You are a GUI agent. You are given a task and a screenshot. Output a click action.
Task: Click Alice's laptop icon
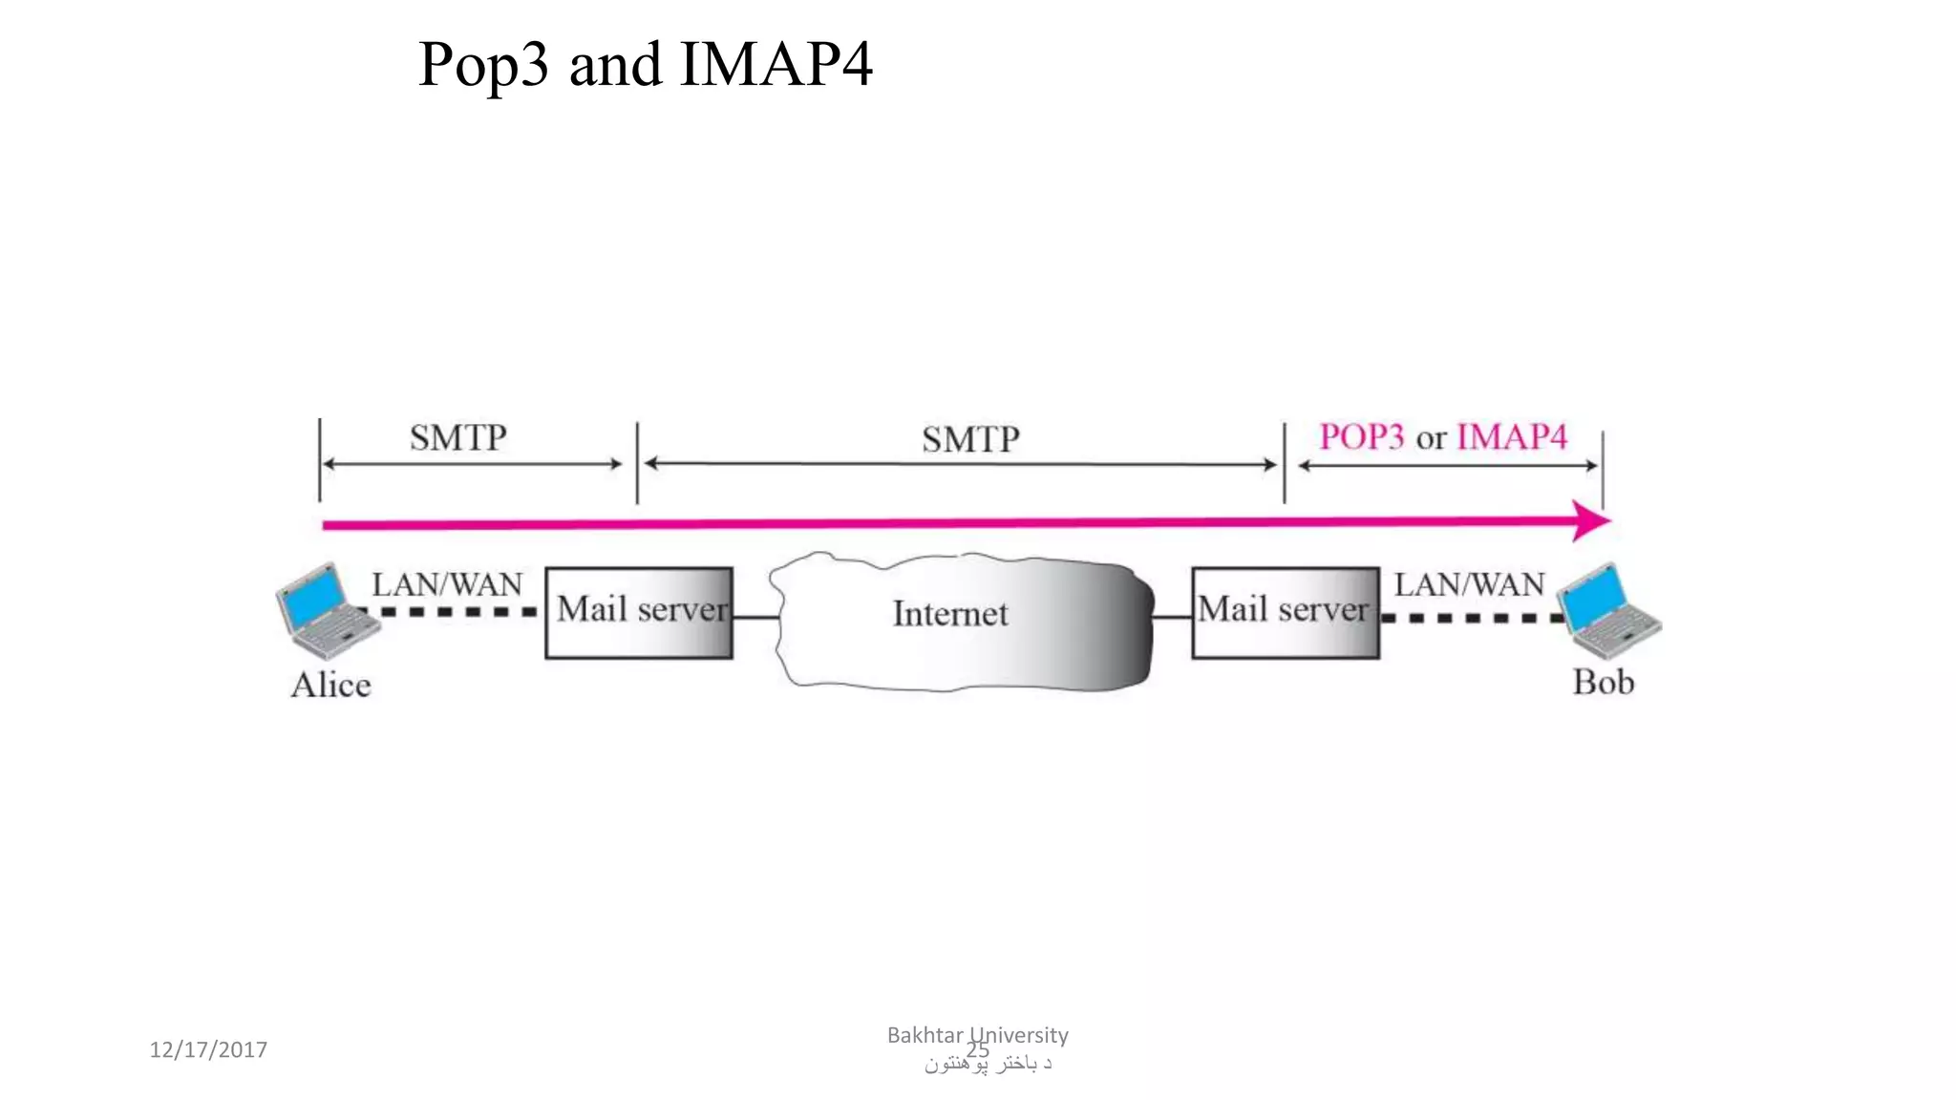(x=325, y=611)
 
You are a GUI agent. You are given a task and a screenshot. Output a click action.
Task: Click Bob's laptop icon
(x=1608, y=611)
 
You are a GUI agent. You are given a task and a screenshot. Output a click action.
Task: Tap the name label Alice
(x=330, y=685)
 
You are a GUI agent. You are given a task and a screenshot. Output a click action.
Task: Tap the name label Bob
(x=1603, y=682)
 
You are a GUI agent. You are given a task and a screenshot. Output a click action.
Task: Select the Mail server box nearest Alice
(x=639, y=612)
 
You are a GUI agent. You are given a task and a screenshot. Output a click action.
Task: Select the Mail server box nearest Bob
(x=1285, y=612)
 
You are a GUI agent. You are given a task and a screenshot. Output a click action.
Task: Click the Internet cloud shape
(x=965, y=649)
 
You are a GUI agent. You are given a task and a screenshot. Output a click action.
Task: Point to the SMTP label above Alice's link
(x=458, y=438)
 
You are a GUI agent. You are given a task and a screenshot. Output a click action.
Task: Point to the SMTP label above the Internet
(x=970, y=440)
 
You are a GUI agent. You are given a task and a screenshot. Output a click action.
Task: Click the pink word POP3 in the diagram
(x=1361, y=437)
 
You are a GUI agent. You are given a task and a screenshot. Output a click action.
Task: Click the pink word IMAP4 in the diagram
(x=1511, y=437)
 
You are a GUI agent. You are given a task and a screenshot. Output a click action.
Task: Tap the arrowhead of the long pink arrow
(x=1590, y=521)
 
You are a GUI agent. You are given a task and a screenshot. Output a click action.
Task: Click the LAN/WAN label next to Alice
(x=447, y=584)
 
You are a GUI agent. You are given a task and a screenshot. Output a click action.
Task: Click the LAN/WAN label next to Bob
(x=1469, y=584)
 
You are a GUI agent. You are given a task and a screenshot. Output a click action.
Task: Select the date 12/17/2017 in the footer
(x=208, y=1049)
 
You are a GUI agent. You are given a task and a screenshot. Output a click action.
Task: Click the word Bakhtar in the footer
(x=925, y=1035)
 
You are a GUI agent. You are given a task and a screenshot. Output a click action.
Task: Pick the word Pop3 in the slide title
(x=483, y=65)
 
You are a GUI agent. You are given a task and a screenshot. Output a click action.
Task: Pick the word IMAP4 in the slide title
(x=776, y=65)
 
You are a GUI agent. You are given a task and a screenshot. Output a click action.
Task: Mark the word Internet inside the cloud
(x=950, y=614)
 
